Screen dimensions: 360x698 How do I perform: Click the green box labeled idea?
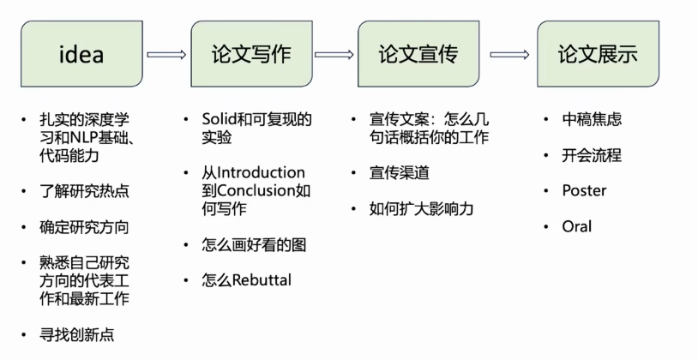[x=81, y=55]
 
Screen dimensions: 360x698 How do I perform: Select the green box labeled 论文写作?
[x=250, y=55]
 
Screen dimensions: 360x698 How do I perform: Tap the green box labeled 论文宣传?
[x=418, y=55]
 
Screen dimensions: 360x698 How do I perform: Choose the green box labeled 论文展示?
[x=597, y=55]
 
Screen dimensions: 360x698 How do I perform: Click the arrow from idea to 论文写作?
[x=166, y=55]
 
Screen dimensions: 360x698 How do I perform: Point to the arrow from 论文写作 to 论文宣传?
[x=334, y=55]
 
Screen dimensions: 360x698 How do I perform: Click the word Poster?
[x=583, y=190]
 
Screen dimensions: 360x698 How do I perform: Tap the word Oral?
[x=576, y=226]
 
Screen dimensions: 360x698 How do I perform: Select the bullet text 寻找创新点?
[x=75, y=334]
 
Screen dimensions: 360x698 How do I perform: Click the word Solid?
[x=219, y=119]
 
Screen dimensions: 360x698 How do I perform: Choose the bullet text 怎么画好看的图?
[x=254, y=244]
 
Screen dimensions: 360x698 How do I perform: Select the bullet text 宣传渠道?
[x=400, y=173]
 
